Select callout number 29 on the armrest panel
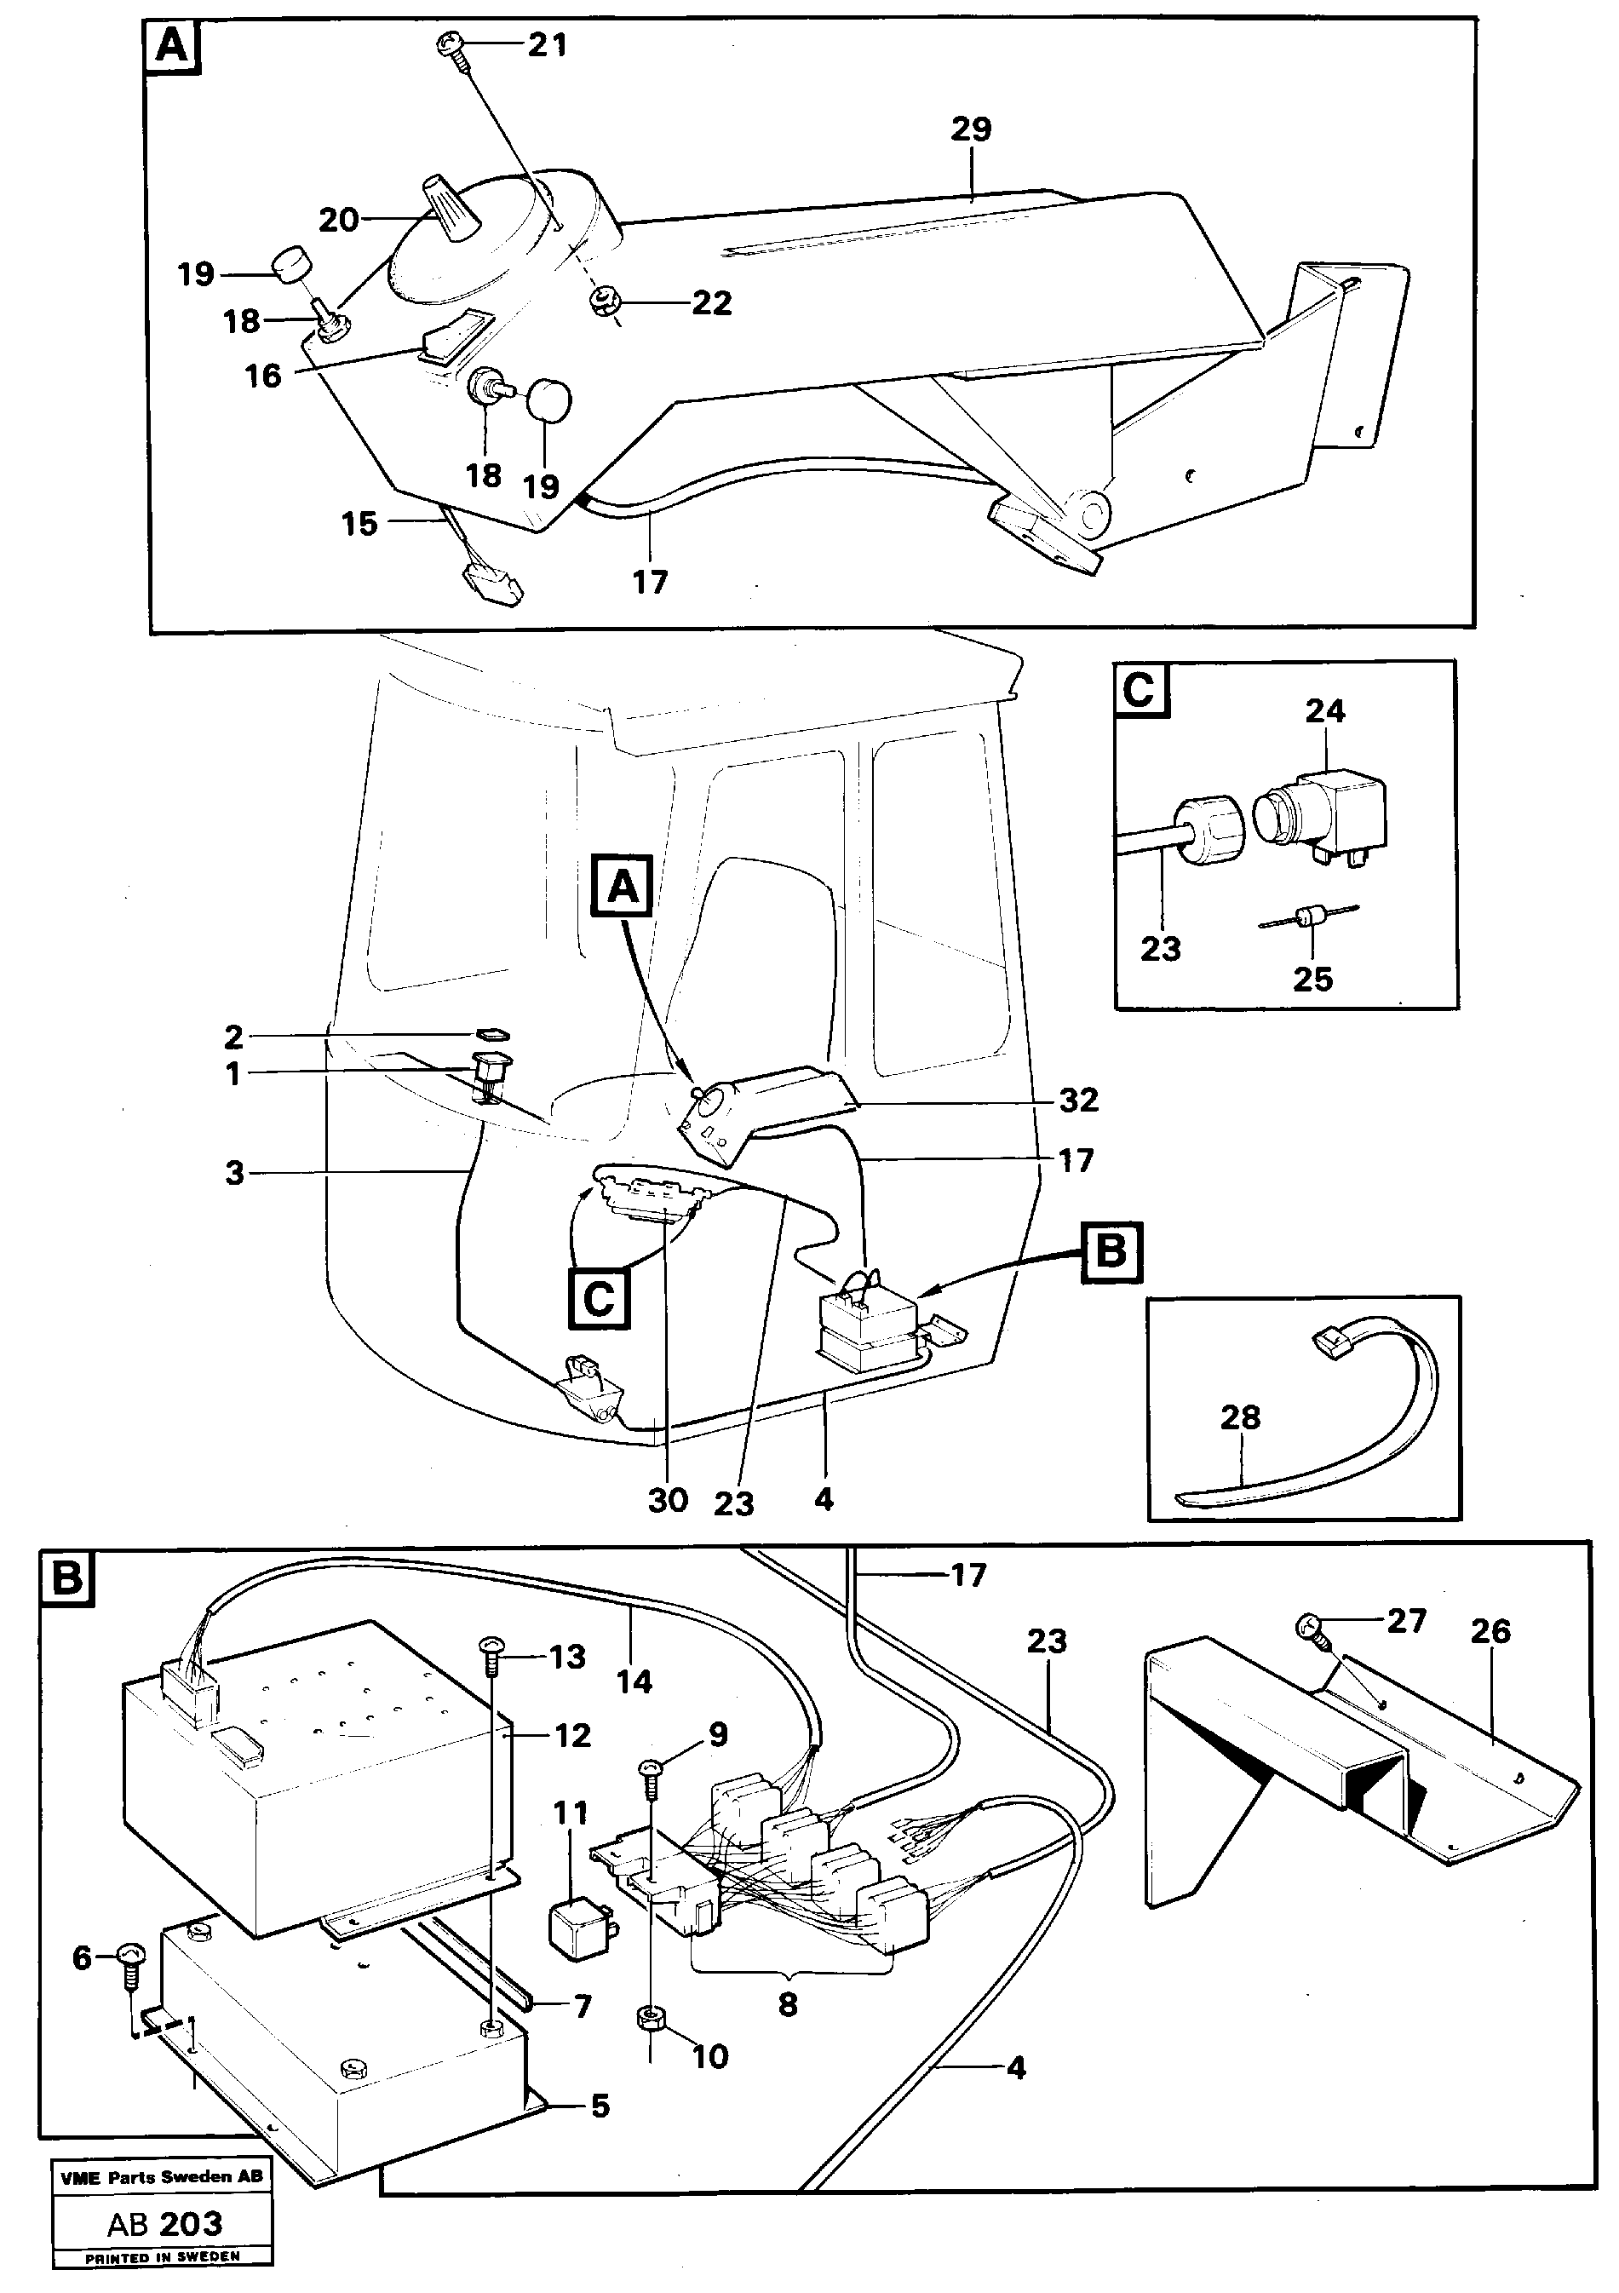[x=971, y=129]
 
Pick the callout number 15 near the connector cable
[x=359, y=523]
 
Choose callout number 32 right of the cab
[x=1077, y=1100]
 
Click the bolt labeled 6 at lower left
[x=132, y=1958]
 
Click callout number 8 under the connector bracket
[x=787, y=2004]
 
